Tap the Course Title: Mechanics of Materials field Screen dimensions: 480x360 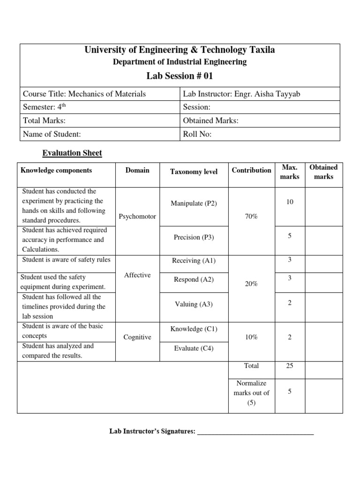84,94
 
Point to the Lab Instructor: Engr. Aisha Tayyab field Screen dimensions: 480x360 241,94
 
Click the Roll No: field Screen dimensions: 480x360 197,134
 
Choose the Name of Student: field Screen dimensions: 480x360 52,134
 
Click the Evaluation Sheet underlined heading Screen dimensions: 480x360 72,153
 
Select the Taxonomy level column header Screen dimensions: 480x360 194,172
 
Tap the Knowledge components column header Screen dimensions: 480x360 56,171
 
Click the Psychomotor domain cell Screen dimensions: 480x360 137,217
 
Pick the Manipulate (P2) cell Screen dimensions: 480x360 194,203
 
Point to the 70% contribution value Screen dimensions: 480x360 251,217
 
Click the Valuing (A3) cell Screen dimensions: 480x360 194,304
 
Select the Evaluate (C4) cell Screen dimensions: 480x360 194,348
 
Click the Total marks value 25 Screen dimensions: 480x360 290,366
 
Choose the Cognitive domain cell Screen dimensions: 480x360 137,337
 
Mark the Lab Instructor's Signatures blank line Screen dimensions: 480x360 255,432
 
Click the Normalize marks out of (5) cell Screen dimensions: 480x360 251,393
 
